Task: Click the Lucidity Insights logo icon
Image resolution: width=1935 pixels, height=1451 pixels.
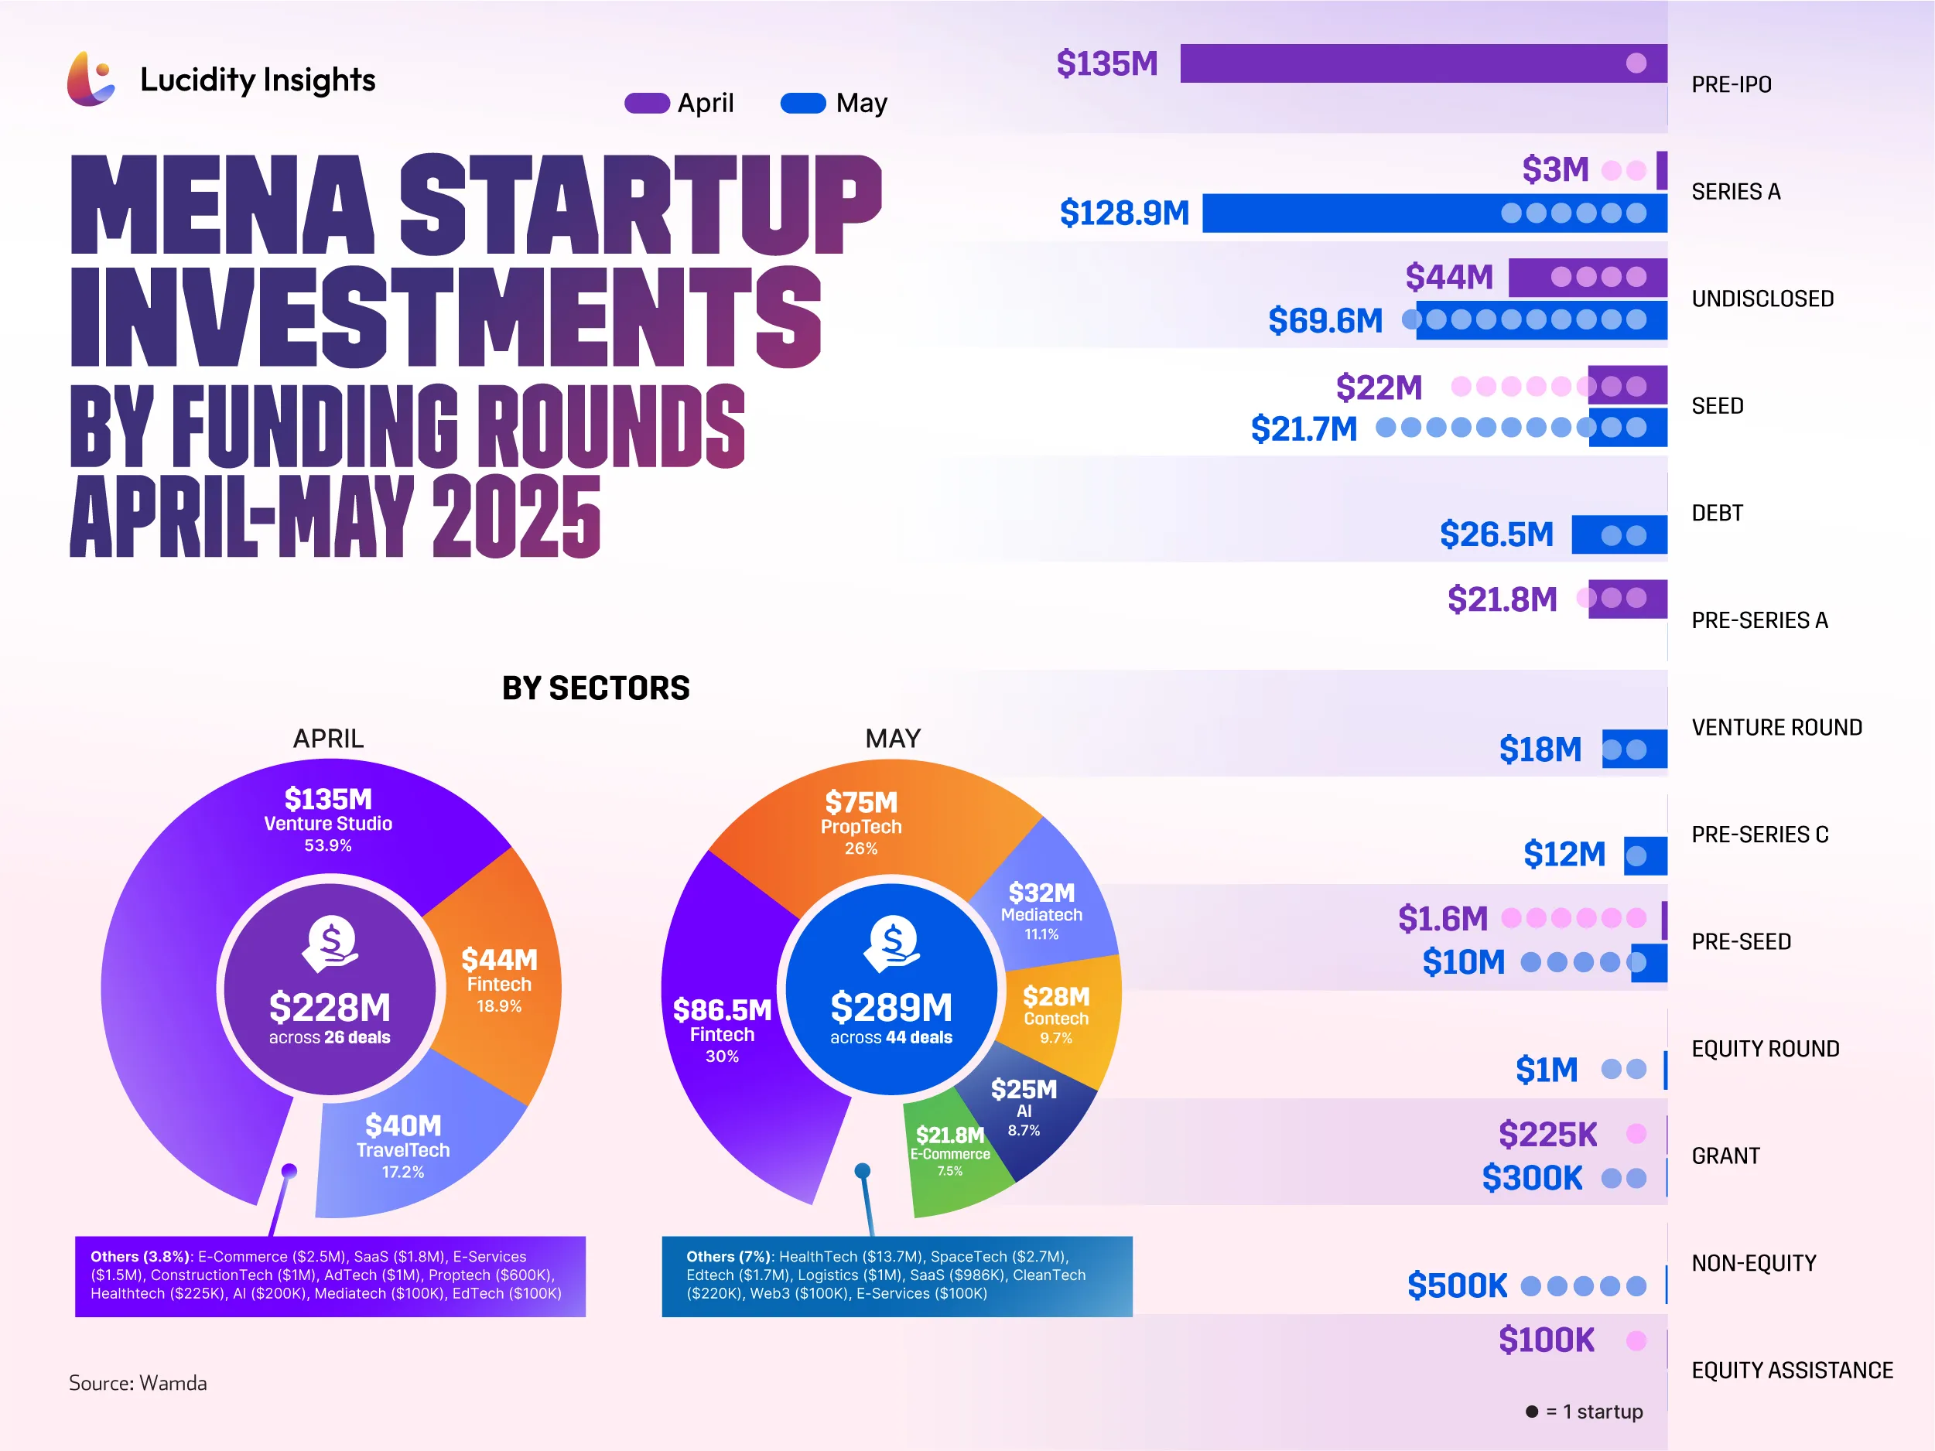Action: tap(90, 79)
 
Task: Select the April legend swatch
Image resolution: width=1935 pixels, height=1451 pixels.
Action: tap(647, 103)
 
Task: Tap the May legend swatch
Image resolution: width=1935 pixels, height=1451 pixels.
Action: tap(802, 103)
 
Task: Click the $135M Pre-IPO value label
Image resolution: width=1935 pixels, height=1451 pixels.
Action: tap(1106, 64)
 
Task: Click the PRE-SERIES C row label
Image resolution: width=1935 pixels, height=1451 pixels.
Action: tap(1759, 835)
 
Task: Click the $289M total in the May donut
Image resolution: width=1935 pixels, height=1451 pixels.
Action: tap(891, 1008)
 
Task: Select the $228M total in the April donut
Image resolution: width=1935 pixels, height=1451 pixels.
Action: tap(330, 1008)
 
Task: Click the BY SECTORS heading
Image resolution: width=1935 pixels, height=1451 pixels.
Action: tap(596, 688)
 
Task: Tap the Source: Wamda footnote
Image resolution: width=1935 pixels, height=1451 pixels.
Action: tap(138, 1383)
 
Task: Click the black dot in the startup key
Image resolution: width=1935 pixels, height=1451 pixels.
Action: tap(1532, 1412)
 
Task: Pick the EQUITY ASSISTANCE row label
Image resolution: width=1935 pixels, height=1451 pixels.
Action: tap(1792, 1371)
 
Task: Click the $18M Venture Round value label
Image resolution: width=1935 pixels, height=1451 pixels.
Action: tap(1540, 749)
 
